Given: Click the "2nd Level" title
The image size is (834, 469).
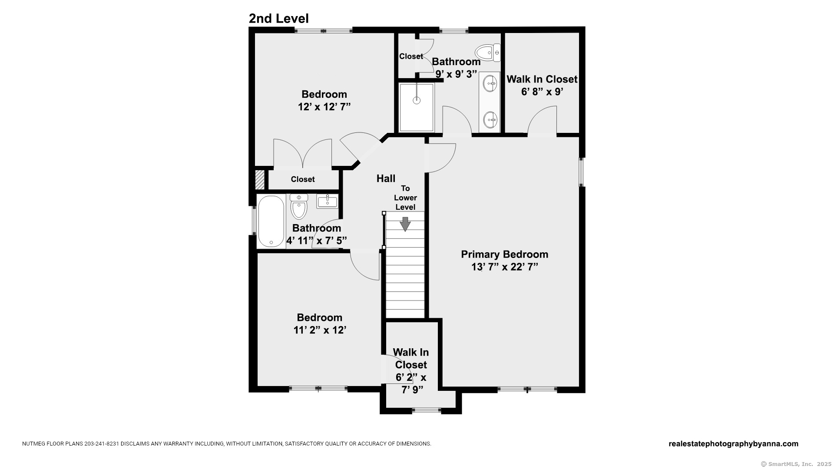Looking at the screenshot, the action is click(x=278, y=19).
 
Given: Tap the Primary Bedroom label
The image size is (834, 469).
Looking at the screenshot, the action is click(x=504, y=254).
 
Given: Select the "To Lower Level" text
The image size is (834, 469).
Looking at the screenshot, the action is click(x=405, y=198).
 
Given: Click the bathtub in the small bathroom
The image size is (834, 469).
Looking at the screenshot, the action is click(x=271, y=221).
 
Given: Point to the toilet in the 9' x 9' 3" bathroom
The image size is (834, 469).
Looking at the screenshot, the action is click(x=488, y=53).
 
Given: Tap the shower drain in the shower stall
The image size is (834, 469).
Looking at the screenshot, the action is click(x=417, y=100).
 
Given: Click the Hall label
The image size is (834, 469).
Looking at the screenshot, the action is click(x=386, y=178).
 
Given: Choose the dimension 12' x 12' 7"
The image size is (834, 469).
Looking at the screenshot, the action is click(x=324, y=107).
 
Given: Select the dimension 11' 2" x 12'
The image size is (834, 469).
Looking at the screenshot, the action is click(x=320, y=330).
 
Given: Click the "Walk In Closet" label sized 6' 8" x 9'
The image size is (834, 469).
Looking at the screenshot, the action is click(x=542, y=79).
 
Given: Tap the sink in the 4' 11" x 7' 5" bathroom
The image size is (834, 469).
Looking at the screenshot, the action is click(x=327, y=201).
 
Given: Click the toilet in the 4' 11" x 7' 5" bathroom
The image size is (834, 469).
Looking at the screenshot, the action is click(x=299, y=206).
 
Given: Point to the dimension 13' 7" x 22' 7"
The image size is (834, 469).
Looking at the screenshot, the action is click(x=505, y=267).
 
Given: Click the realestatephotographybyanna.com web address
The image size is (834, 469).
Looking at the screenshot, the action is click(x=733, y=444).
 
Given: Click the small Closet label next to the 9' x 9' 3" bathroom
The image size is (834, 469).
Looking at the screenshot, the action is click(x=411, y=56).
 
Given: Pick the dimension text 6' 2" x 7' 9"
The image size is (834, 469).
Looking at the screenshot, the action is click(x=411, y=383).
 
